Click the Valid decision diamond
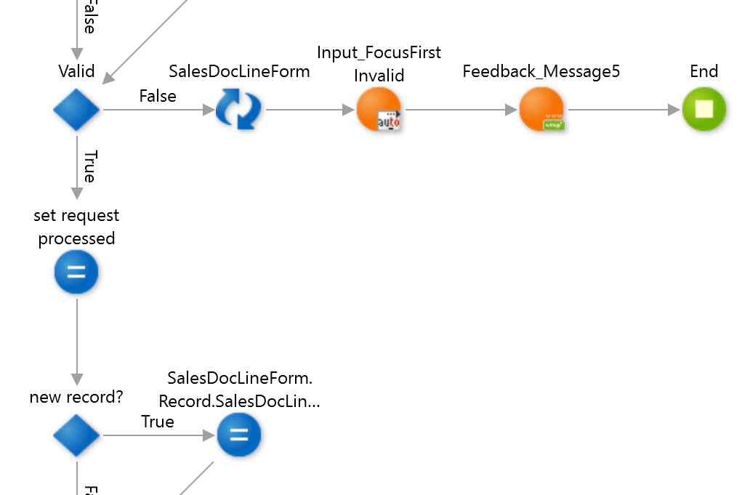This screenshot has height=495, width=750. pos(76,110)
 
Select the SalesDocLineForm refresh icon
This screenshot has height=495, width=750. pos(238,110)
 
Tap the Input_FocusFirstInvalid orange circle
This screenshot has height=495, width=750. pos(379,110)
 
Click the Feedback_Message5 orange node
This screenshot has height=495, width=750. pos(541,110)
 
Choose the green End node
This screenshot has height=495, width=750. pos(703,110)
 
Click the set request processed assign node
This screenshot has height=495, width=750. pos(76,273)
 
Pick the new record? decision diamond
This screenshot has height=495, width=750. pos(76,435)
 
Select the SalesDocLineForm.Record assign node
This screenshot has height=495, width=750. pos(238,435)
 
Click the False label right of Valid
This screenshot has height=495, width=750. pos(158,96)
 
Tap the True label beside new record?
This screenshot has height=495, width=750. pos(158,422)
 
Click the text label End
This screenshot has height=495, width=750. pos(703,71)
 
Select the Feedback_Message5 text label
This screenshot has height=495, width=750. pos(541,71)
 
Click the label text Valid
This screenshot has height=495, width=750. pos(76,71)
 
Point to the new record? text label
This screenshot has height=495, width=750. pos(76,397)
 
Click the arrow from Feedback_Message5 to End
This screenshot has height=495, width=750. pos(621,110)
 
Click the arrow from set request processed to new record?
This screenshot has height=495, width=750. pos(76,342)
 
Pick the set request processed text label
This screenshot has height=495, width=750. pos(76,227)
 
